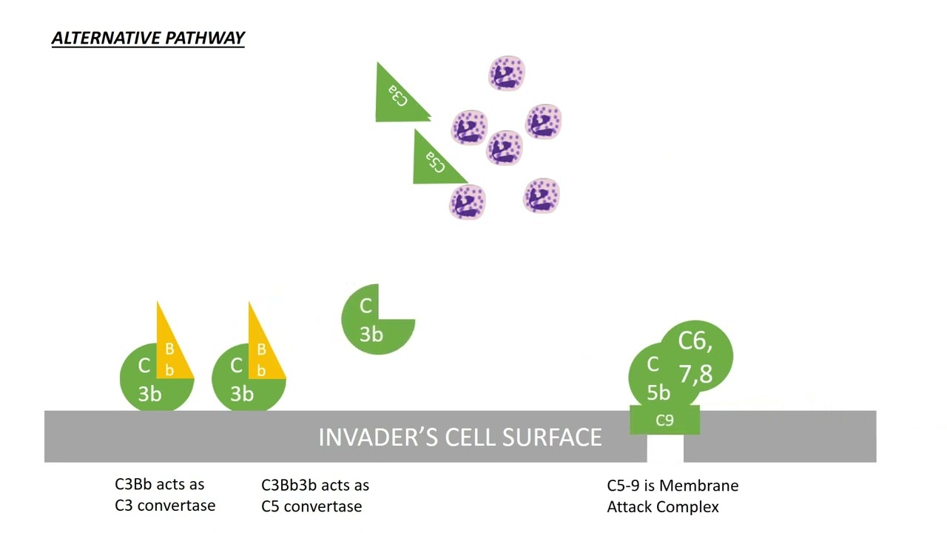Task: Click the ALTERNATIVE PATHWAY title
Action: coord(148,38)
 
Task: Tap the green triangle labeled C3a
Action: coord(396,96)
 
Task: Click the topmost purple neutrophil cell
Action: coord(507,74)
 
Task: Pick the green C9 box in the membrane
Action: coord(664,420)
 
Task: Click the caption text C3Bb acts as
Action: coord(159,484)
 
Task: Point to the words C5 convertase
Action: coord(311,507)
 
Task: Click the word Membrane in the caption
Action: coord(699,486)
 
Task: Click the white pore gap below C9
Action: coord(664,449)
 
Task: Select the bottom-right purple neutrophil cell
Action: coord(542,196)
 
